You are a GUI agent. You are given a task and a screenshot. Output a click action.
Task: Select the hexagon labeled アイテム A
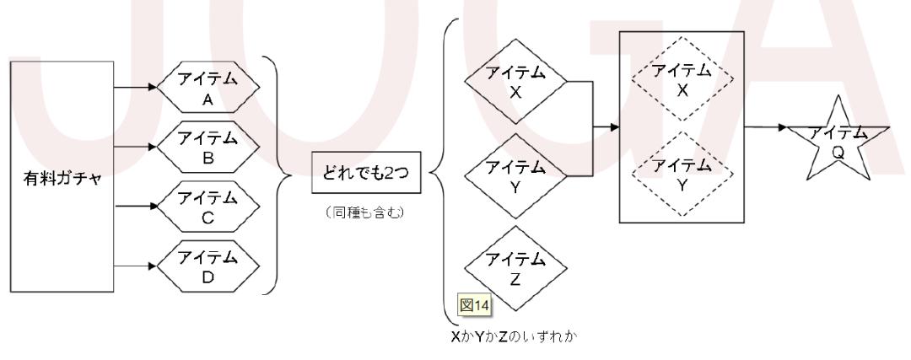(x=206, y=88)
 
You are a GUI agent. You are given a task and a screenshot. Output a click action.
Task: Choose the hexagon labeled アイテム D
(x=206, y=265)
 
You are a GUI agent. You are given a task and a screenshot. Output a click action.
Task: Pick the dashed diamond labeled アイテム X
(x=682, y=81)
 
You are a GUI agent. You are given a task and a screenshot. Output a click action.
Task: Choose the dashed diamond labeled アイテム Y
(x=682, y=173)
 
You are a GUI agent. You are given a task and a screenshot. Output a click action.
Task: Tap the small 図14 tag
(x=469, y=303)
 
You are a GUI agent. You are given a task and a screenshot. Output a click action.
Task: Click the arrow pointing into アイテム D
(x=136, y=265)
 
